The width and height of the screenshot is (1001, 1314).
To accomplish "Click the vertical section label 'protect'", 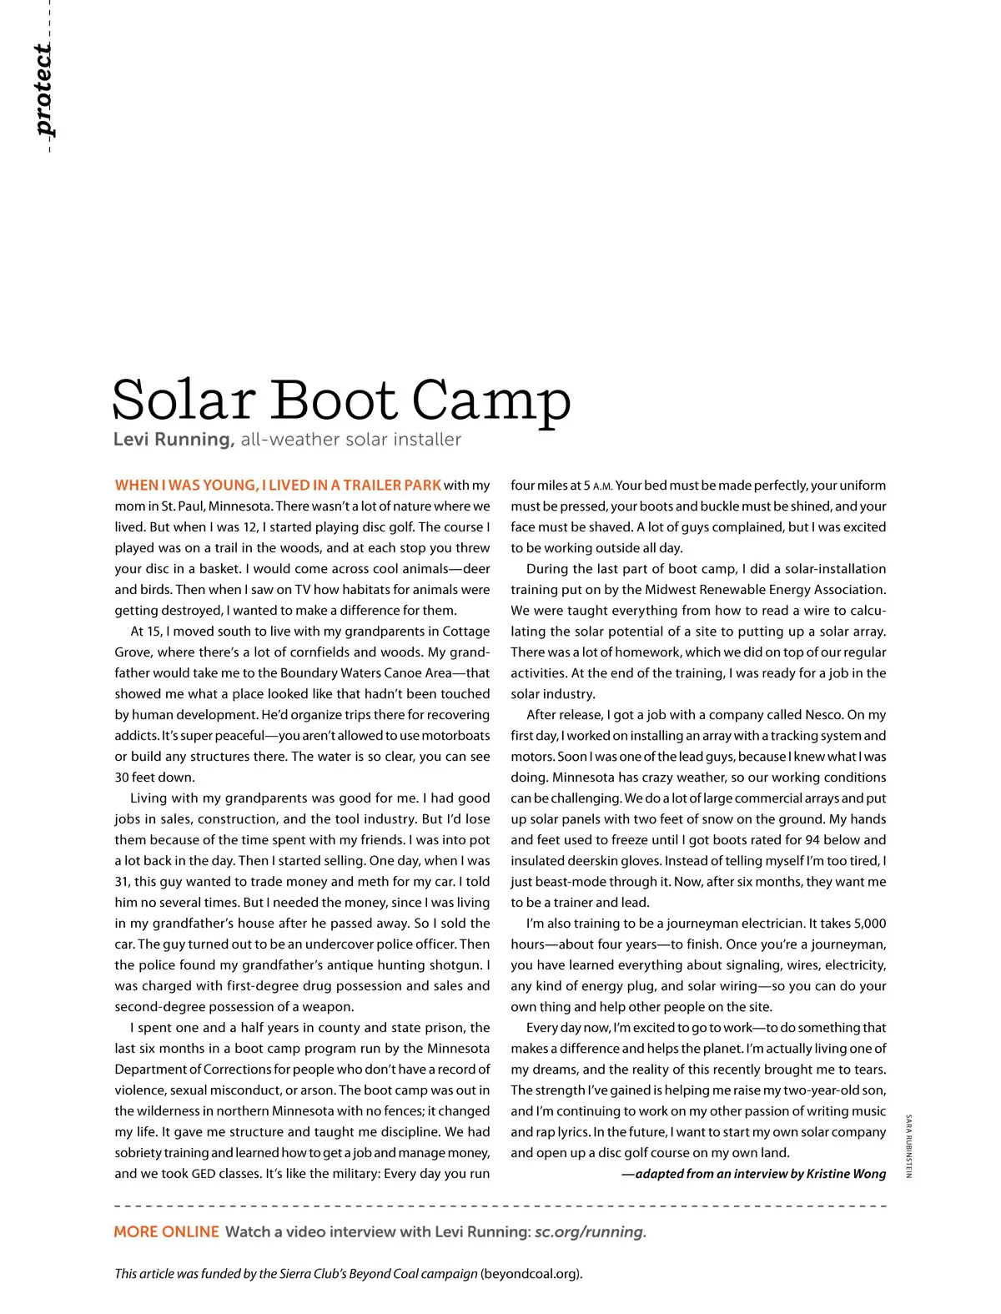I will tap(44, 90).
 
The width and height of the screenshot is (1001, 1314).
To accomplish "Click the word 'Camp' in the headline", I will tap(491, 400).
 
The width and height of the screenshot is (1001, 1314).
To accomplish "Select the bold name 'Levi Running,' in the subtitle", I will tap(174, 440).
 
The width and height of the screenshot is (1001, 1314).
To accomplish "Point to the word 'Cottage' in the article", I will tap(465, 632).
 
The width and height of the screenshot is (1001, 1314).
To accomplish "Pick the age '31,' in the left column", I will tap(123, 882).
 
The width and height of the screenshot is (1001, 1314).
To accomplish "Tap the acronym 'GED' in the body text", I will tap(204, 1174).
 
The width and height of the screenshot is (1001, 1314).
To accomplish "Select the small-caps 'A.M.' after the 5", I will tap(602, 486).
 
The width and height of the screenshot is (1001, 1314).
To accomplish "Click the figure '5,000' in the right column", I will tap(870, 924).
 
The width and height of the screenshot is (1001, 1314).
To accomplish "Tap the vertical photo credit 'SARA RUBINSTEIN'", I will tap(908, 1145).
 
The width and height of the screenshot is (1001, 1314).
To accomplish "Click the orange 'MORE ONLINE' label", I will tap(166, 1232).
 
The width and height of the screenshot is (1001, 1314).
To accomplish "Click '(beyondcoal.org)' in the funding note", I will tap(531, 1274).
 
